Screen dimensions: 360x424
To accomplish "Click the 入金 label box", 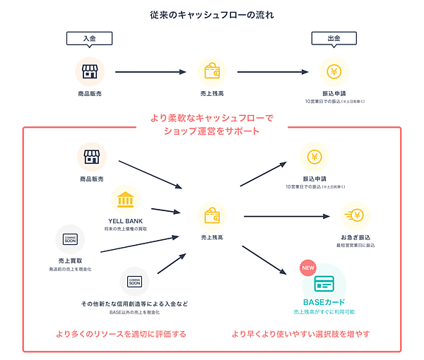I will pos(90,40).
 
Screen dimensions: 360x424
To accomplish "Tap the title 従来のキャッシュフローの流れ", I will pos(211,15).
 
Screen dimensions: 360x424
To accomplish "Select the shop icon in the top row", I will pos(90,71).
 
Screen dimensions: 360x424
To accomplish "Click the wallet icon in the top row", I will pos(211,71).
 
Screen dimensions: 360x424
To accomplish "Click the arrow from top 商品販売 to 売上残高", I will pos(151,71).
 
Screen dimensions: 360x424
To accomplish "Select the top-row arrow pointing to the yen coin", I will pos(273,71).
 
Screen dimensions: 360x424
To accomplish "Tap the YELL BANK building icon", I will pos(125,200).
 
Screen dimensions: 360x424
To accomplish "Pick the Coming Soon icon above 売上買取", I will pos(70,239).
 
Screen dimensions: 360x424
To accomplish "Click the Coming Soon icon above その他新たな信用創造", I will pos(134,281).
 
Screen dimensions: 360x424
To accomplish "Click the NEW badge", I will pos(308,268).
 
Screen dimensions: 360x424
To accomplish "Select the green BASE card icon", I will pos(324,283).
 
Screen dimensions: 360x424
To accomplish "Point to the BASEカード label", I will pos(324,302).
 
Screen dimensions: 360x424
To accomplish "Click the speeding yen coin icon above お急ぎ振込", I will pos(356,215).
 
